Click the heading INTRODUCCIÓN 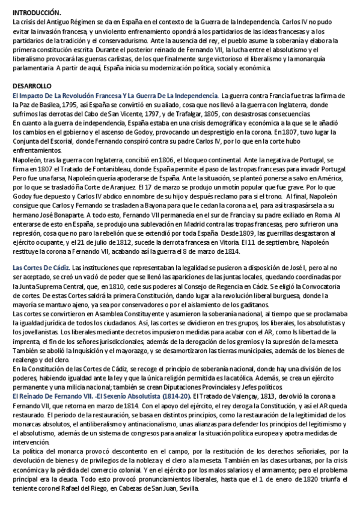click(36, 13)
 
